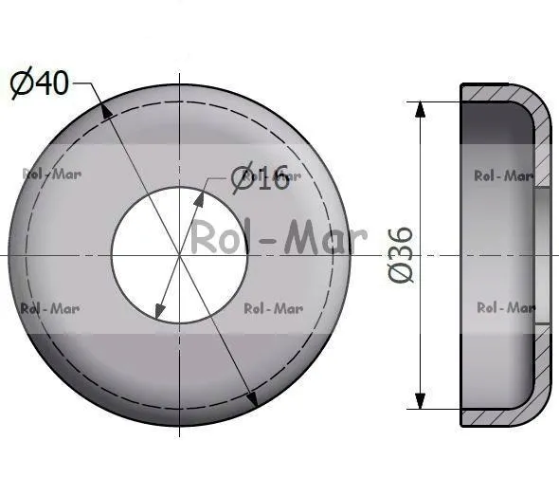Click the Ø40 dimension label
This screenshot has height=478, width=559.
pyautogui.click(x=39, y=83)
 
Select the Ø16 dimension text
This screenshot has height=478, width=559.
pyautogui.click(x=260, y=177)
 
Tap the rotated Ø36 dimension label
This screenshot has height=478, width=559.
pyautogui.click(x=401, y=255)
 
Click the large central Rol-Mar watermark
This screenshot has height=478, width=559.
pyautogui.click(x=279, y=237)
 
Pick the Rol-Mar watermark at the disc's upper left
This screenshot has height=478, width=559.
pyautogui.click(x=52, y=175)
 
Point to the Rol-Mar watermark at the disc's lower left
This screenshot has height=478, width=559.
pyautogui.click(x=50, y=309)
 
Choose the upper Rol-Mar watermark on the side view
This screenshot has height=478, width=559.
pyautogui.click(x=504, y=175)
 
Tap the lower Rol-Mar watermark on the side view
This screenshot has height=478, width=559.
pyautogui.click(x=506, y=307)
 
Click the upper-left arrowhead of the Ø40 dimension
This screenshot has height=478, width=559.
pyautogui.click(x=105, y=111)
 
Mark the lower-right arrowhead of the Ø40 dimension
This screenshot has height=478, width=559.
pyautogui.click(x=251, y=398)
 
